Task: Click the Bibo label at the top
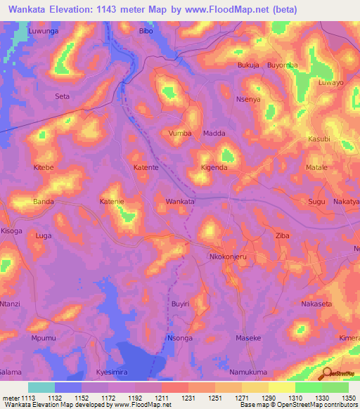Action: tap(146, 32)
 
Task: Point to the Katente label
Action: tap(146, 169)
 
